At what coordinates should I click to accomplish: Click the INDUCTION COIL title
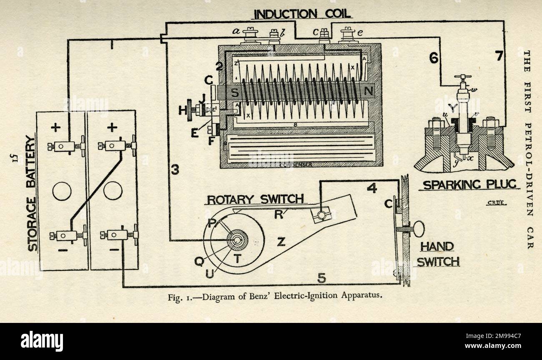(304, 14)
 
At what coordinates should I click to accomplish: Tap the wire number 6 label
(434, 58)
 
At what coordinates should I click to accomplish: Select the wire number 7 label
(499, 56)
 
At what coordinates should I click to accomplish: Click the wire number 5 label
(321, 278)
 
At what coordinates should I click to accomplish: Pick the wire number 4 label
(372, 189)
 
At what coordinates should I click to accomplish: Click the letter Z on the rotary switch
(281, 241)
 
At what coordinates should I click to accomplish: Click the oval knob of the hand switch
(419, 229)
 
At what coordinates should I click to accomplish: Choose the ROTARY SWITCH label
(255, 199)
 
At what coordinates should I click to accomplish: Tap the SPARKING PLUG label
(469, 184)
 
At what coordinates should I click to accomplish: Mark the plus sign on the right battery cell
(111, 127)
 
